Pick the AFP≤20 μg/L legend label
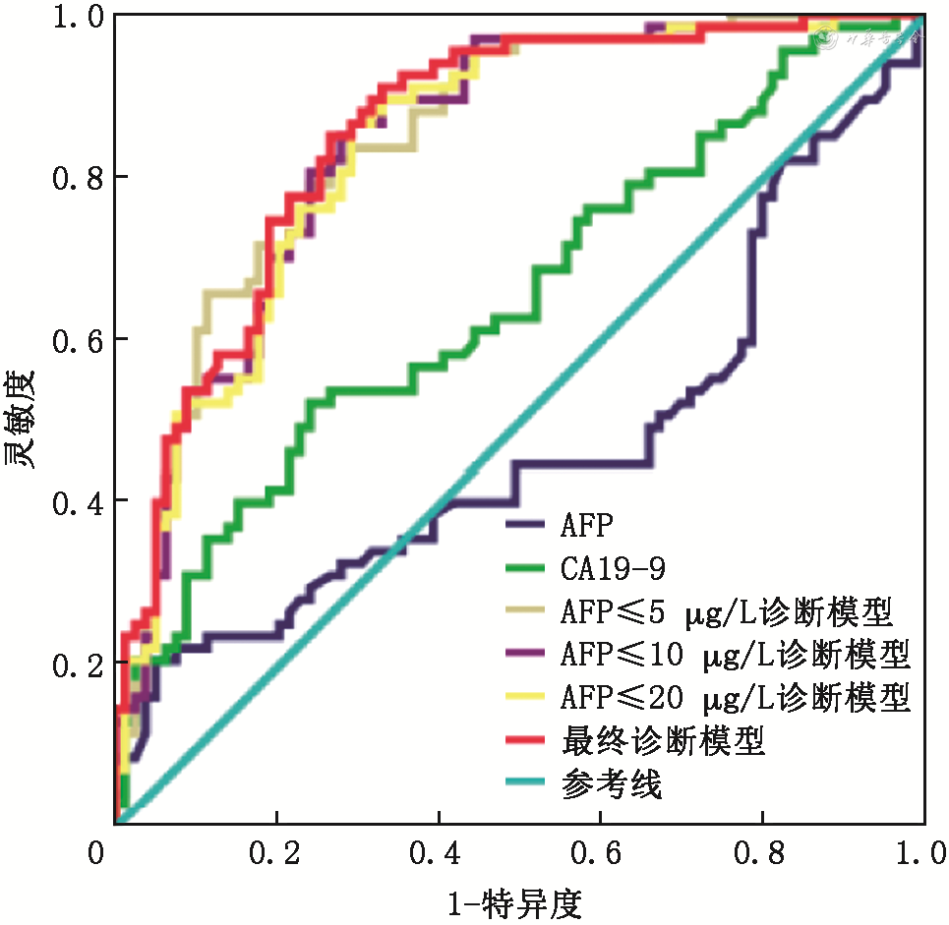(x=736, y=698)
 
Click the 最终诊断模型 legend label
(x=663, y=740)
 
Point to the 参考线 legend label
(x=611, y=783)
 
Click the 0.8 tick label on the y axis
(x=76, y=178)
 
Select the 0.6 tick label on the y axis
(x=76, y=340)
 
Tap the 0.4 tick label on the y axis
(x=76, y=501)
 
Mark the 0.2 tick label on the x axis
(x=277, y=851)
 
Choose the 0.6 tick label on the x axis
(x=601, y=851)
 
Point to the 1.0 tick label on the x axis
(x=922, y=851)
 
